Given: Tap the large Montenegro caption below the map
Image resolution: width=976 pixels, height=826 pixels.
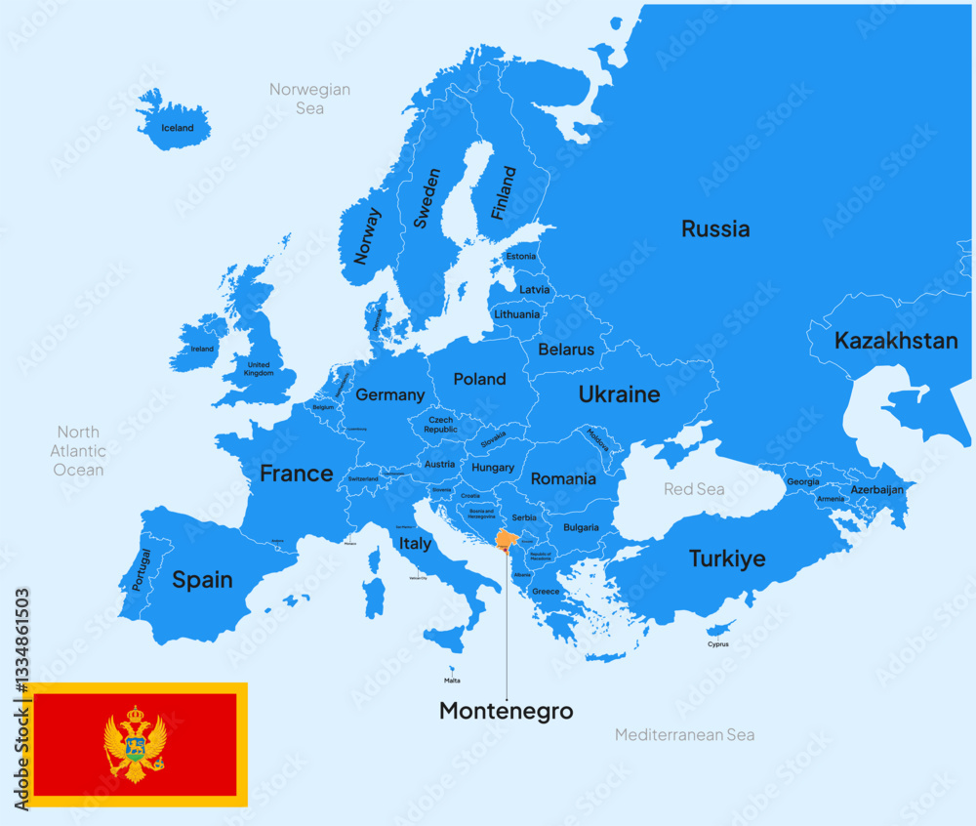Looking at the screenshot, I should pyautogui.click(x=506, y=711).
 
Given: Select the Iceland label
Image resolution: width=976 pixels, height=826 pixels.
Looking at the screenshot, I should pyautogui.click(x=178, y=128).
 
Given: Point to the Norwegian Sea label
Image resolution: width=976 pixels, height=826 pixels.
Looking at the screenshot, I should pyautogui.click(x=309, y=99).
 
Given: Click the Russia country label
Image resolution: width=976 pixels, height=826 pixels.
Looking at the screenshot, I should pyautogui.click(x=715, y=229).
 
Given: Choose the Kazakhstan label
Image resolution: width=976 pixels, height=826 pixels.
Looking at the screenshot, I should pyautogui.click(x=895, y=341).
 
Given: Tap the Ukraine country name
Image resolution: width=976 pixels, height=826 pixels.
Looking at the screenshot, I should pyautogui.click(x=619, y=394).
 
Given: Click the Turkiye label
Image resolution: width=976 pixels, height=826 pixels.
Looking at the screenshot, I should pyautogui.click(x=726, y=559).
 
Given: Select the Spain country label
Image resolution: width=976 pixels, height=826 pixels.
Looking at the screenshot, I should pyautogui.click(x=202, y=580).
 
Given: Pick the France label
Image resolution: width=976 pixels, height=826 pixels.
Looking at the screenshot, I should pyautogui.click(x=296, y=474).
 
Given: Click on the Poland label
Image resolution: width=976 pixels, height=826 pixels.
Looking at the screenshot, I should pyautogui.click(x=479, y=379).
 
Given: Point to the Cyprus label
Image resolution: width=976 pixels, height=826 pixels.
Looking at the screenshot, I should pyautogui.click(x=718, y=644).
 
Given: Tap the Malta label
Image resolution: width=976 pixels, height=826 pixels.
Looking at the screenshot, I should pyautogui.click(x=452, y=681).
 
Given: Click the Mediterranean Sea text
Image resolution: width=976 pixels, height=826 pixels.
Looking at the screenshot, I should pyautogui.click(x=684, y=734).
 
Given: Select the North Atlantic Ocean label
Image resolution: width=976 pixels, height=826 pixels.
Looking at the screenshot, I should pyautogui.click(x=78, y=451).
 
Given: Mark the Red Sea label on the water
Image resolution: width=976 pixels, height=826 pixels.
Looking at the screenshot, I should pyautogui.click(x=694, y=488).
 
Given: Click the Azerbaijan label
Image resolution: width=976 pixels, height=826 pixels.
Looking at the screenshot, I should pyautogui.click(x=876, y=489).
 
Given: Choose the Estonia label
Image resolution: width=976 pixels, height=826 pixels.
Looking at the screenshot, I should pyautogui.click(x=521, y=257).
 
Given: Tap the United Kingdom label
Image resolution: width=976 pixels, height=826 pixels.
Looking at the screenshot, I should pyautogui.click(x=259, y=369).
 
